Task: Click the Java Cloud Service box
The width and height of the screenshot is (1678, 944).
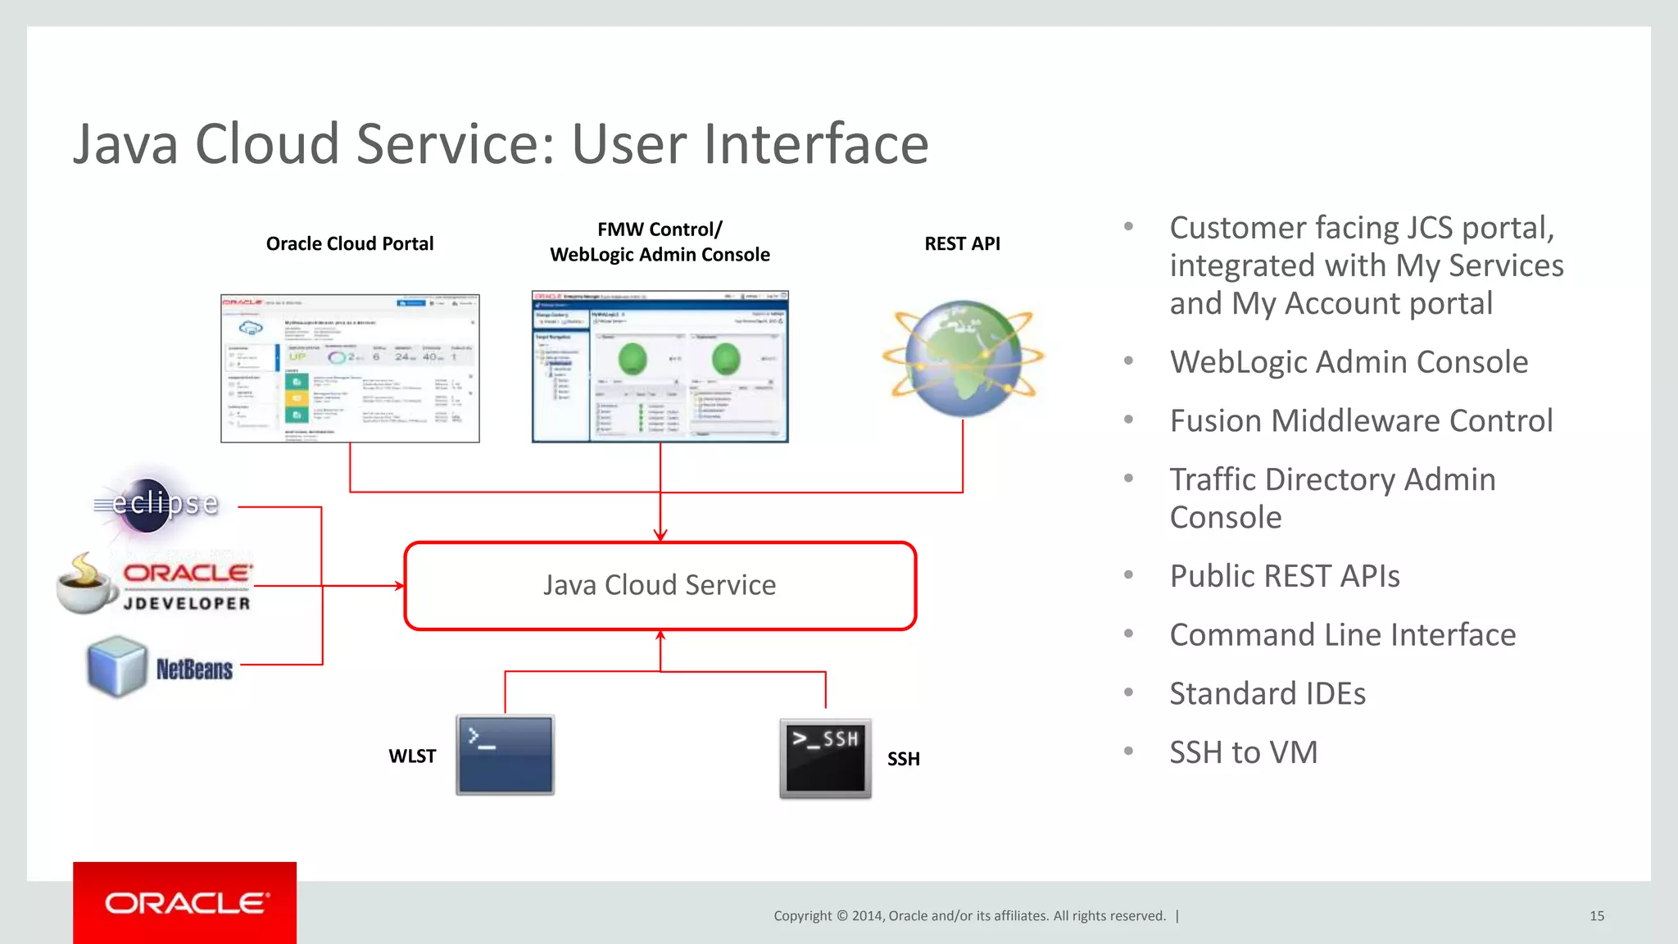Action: click(x=660, y=586)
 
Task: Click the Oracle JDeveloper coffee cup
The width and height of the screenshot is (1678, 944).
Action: click(x=86, y=584)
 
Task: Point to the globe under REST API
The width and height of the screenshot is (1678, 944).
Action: click(x=963, y=358)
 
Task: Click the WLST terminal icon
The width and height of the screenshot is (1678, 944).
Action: click(x=505, y=755)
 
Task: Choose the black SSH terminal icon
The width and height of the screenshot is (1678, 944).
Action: click(x=825, y=758)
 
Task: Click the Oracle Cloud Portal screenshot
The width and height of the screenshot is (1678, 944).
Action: click(x=350, y=368)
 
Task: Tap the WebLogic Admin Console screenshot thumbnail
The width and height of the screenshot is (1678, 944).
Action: click(x=660, y=366)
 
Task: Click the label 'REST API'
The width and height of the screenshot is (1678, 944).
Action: click(x=962, y=243)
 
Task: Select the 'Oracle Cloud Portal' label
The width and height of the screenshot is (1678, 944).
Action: click(x=350, y=243)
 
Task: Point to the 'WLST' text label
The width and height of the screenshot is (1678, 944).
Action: click(x=412, y=756)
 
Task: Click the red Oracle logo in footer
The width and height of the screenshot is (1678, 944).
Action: click(x=184, y=903)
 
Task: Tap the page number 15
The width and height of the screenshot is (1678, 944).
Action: click(x=1596, y=916)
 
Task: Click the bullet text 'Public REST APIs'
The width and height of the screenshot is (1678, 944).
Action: click(x=1284, y=576)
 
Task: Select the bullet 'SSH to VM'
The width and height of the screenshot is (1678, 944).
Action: click(x=1243, y=752)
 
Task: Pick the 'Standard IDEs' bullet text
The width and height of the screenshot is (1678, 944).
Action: click(x=1267, y=694)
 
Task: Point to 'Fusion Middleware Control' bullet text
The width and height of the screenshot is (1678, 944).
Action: click(x=1361, y=421)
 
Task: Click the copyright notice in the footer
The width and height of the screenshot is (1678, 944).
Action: click(x=969, y=916)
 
